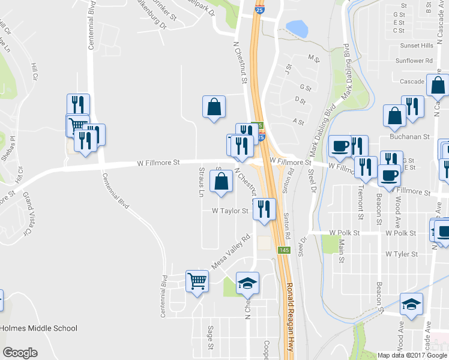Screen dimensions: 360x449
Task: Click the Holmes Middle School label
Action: (39, 328)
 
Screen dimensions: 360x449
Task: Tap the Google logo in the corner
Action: (20, 353)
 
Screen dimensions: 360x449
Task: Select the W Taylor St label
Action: (230, 211)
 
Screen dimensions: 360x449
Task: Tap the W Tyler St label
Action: (402, 254)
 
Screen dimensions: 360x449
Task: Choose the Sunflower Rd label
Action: (414, 61)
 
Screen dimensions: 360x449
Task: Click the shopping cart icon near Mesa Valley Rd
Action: (197, 280)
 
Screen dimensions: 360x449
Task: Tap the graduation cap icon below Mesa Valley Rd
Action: (247, 283)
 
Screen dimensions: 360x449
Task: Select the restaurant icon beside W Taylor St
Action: (264, 208)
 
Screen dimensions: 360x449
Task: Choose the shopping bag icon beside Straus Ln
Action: (221, 181)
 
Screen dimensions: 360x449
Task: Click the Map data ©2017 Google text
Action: (412, 355)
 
